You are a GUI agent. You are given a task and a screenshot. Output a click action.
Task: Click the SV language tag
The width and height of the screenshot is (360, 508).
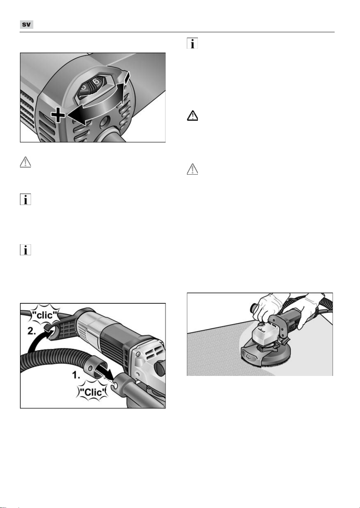[27, 25]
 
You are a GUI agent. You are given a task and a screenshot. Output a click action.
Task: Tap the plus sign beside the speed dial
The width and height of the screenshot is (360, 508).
[58, 115]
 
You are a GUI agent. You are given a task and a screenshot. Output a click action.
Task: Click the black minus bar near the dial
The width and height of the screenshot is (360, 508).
[127, 77]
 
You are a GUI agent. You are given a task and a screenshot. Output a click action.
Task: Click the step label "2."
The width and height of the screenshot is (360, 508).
[32, 331]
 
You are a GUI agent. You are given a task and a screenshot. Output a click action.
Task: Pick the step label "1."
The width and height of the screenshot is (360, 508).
[76, 375]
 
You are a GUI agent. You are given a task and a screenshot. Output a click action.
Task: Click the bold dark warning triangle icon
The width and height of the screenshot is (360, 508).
[192, 116]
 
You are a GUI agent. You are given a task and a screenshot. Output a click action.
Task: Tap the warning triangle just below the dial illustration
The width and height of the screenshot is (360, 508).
[25, 162]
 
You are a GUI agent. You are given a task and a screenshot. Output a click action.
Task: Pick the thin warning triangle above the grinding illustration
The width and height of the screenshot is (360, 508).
[192, 169]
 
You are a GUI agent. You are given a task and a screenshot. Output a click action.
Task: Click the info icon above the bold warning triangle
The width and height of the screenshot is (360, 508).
[192, 43]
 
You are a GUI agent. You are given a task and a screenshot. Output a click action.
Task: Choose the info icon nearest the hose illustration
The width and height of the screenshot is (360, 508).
[25, 250]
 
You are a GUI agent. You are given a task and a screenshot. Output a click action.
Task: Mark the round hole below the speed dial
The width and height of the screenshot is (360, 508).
[105, 121]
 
